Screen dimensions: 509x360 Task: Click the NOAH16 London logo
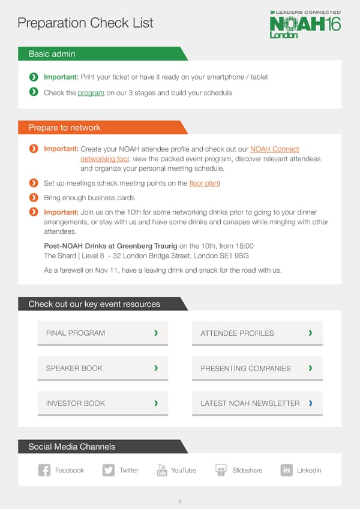[305, 25]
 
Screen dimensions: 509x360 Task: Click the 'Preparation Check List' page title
[85, 23]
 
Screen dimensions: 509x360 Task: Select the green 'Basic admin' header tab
[52, 54]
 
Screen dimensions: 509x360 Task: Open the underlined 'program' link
[91, 93]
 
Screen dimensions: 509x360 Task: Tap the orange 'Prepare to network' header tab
[65, 128]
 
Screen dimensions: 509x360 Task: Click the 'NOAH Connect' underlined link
[274, 149]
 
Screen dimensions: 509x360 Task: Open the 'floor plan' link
[203, 183]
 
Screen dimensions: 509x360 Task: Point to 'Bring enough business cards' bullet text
[89, 198]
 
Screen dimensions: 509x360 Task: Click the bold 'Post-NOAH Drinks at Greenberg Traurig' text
[110, 246]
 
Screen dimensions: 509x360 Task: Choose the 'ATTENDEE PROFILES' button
[257, 333]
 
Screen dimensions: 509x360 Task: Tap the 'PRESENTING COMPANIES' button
[257, 368]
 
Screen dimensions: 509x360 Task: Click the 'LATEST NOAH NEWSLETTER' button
[257, 403]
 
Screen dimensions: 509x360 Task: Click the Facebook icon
[44, 471]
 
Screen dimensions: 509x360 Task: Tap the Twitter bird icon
[109, 471]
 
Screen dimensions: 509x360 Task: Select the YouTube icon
[162, 471]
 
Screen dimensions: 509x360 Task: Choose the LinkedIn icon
[286, 471]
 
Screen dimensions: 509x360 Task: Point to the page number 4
[180, 501]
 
